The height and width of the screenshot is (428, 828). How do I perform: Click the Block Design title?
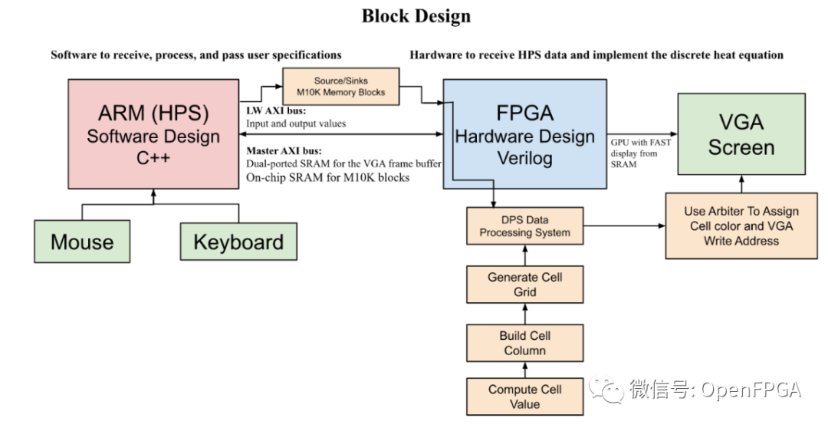[416, 16]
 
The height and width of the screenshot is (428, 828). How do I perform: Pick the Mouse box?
[82, 242]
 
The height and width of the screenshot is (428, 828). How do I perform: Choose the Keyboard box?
[238, 242]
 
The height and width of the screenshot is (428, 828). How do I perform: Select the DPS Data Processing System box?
[524, 226]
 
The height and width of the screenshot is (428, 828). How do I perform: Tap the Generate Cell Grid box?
[524, 285]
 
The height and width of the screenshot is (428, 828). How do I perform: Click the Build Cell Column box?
[524, 343]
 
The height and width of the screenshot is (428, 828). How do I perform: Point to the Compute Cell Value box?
[524, 397]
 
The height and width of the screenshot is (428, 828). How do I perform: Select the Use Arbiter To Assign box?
[741, 226]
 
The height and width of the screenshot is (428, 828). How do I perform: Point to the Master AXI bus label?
[284, 150]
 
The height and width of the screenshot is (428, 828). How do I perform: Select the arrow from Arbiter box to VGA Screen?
[741, 184]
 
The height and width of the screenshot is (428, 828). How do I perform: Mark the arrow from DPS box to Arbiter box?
[621, 226]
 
